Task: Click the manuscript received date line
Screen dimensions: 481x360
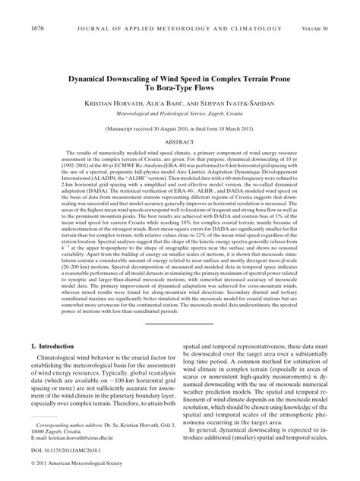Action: coord(180,130)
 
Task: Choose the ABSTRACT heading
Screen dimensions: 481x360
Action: coord(180,141)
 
